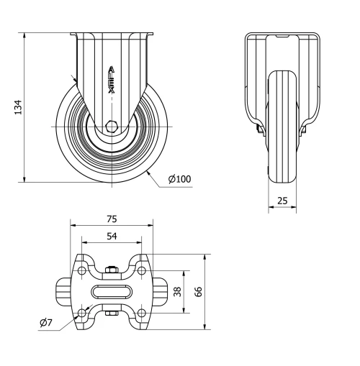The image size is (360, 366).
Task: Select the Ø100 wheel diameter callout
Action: [x=180, y=179]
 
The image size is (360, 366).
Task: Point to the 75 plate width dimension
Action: [x=112, y=219]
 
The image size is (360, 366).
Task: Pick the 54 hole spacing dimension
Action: [x=112, y=235]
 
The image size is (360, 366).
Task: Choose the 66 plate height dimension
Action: [x=197, y=292]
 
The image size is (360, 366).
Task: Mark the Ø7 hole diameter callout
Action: [x=45, y=323]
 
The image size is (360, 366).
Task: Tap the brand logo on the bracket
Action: [x=112, y=75]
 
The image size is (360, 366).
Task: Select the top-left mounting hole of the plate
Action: [x=81, y=270]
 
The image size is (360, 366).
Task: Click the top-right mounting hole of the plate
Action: [x=142, y=270]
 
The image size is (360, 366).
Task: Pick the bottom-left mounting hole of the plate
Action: [x=81, y=312]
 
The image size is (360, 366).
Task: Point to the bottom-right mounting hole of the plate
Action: [x=142, y=312]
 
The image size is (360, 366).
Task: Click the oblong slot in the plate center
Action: [x=112, y=291]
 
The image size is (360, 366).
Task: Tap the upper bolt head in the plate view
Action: [x=112, y=270]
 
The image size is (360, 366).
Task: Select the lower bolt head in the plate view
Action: [x=112, y=313]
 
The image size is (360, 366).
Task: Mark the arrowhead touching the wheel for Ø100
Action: [x=148, y=170]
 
